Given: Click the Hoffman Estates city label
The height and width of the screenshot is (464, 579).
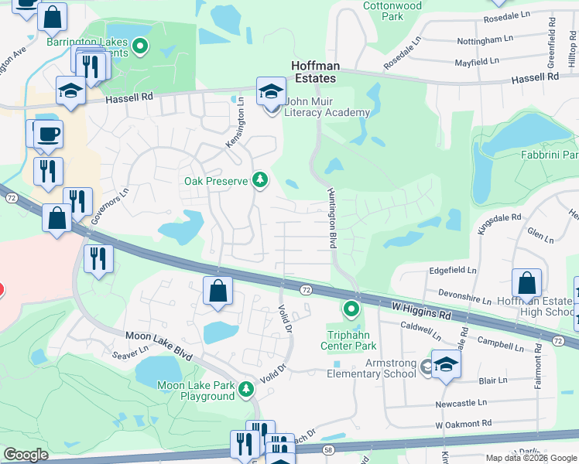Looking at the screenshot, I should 313,73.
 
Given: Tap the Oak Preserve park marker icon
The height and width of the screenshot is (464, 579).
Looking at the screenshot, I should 261,181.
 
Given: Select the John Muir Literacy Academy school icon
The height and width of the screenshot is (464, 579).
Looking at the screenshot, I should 271,92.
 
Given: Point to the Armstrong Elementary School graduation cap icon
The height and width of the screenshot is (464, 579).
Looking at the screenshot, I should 446,365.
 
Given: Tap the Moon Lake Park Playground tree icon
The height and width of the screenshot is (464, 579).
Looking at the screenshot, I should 246,389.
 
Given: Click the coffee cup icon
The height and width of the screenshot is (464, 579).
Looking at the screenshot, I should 47,134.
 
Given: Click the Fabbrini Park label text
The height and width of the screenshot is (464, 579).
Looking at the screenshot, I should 553,155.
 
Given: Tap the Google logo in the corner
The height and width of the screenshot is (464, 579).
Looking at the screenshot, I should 26,455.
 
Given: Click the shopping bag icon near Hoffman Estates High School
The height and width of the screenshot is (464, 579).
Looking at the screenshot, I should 526,283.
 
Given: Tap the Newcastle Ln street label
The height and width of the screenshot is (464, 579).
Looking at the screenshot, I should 461,402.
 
